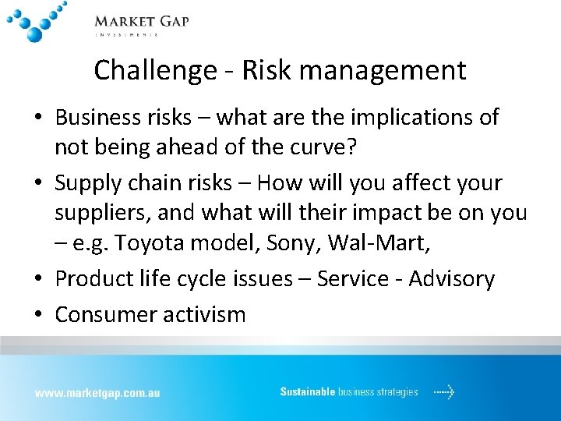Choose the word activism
(204, 314)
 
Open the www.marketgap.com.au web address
(97, 393)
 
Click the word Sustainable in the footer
(308, 392)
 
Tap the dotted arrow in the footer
(444, 392)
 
